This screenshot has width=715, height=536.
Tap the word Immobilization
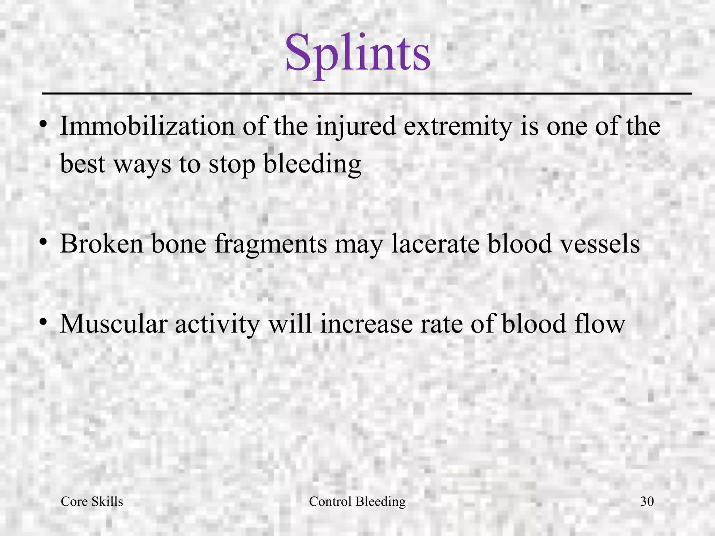pyautogui.click(x=147, y=126)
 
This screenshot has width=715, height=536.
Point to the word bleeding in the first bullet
pyautogui.click(x=312, y=164)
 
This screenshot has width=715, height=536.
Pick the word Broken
pyautogui.click(x=102, y=244)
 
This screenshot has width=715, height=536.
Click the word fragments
pyautogui.click(x=271, y=244)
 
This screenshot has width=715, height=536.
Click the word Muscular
pyautogui.click(x=114, y=323)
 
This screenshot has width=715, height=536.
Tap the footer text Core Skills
pyautogui.click(x=92, y=501)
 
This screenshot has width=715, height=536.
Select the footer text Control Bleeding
pyautogui.click(x=357, y=501)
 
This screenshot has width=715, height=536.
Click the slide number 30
pyautogui.click(x=647, y=501)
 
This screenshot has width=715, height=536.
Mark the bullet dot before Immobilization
pyautogui.click(x=43, y=124)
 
